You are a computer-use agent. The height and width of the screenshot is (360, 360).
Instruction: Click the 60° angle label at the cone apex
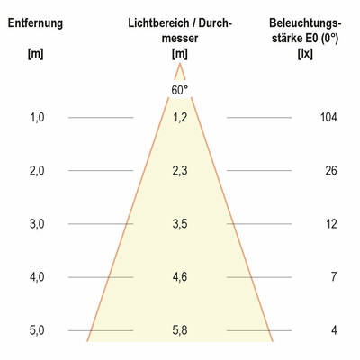(x=180, y=90)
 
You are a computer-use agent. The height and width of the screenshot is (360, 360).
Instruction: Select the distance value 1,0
(x=36, y=117)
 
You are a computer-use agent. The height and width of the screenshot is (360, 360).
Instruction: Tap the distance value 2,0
(x=36, y=170)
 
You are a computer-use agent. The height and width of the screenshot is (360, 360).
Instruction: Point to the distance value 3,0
(x=36, y=224)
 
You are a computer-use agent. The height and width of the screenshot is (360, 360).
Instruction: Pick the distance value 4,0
(x=36, y=277)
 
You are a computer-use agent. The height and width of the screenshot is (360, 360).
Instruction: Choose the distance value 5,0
(x=36, y=330)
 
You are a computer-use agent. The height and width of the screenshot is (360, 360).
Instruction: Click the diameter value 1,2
(x=180, y=117)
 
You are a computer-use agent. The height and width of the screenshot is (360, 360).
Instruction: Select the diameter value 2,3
(x=180, y=170)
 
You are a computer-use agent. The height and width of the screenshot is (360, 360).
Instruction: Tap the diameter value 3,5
(x=180, y=224)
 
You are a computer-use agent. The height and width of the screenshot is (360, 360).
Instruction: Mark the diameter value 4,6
(x=180, y=277)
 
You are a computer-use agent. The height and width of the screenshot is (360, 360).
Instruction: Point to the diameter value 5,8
(x=180, y=330)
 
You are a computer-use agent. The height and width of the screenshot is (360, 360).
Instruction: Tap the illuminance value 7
(x=333, y=277)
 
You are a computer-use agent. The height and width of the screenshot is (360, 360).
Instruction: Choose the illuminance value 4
(x=333, y=330)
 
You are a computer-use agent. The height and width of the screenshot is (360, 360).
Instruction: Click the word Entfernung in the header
(x=35, y=22)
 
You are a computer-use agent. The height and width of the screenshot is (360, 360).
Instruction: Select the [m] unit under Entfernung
(x=35, y=56)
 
